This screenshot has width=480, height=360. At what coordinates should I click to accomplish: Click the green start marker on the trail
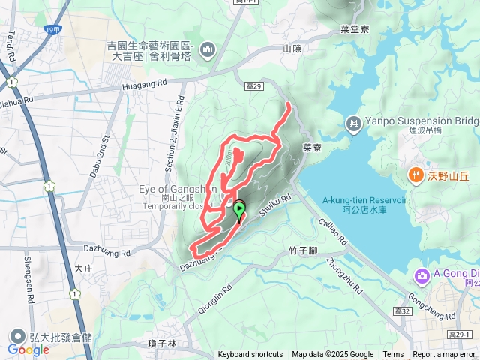pos(239,209)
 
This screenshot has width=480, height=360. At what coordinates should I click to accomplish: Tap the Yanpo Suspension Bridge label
pos(419,121)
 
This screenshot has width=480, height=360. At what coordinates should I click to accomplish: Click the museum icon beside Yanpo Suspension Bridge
pos(352,122)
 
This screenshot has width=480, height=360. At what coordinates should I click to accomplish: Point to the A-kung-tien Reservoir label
pos(364,200)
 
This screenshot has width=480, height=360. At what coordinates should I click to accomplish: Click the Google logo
pos(28,349)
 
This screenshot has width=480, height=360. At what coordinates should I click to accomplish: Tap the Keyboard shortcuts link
pos(250,355)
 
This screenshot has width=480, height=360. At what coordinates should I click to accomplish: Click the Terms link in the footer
pos(393,355)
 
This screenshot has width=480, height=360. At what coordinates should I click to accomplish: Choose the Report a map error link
pos(444,355)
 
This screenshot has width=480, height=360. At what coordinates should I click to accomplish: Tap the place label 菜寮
pos(312,148)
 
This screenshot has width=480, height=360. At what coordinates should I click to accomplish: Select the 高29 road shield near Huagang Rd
pos(253,86)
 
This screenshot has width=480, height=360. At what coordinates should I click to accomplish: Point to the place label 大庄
pos(84,266)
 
